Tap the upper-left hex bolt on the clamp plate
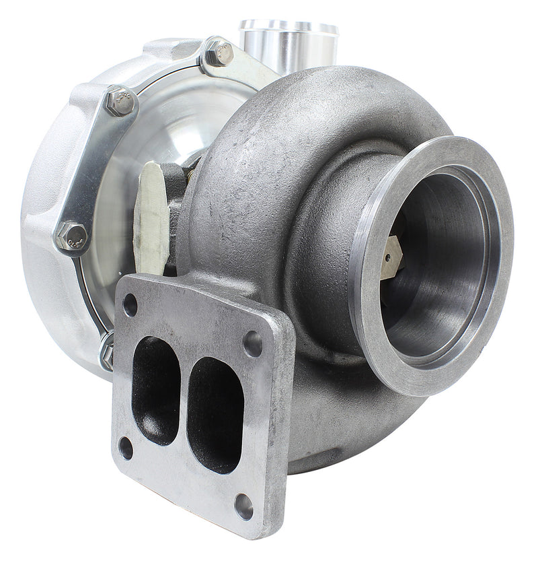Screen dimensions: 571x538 pyautogui.click(x=120, y=102)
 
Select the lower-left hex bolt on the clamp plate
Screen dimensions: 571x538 pyautogui.click(x=71, y=236)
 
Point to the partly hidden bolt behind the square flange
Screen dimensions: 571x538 pyautogui.click(x=106, y=351)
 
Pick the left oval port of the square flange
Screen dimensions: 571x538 pyautogui.click(x=155, y=389)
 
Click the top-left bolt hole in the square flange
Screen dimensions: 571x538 pyautogui.click(x=130, y=305)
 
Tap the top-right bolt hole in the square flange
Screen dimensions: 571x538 pyautogui.click(x=253, y=343)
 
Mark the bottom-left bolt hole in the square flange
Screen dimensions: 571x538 pyautogui.click(x=126, y=448)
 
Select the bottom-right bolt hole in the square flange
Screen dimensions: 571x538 pyautogui.click(x=243, y=506)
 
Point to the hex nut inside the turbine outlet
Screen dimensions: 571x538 pyautogui.click(x=391, y=257)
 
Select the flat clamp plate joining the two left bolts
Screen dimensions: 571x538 pyautogui.click(x=94, y=168)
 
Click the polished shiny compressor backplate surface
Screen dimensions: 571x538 pyautogui.click(x=182, y=128)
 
